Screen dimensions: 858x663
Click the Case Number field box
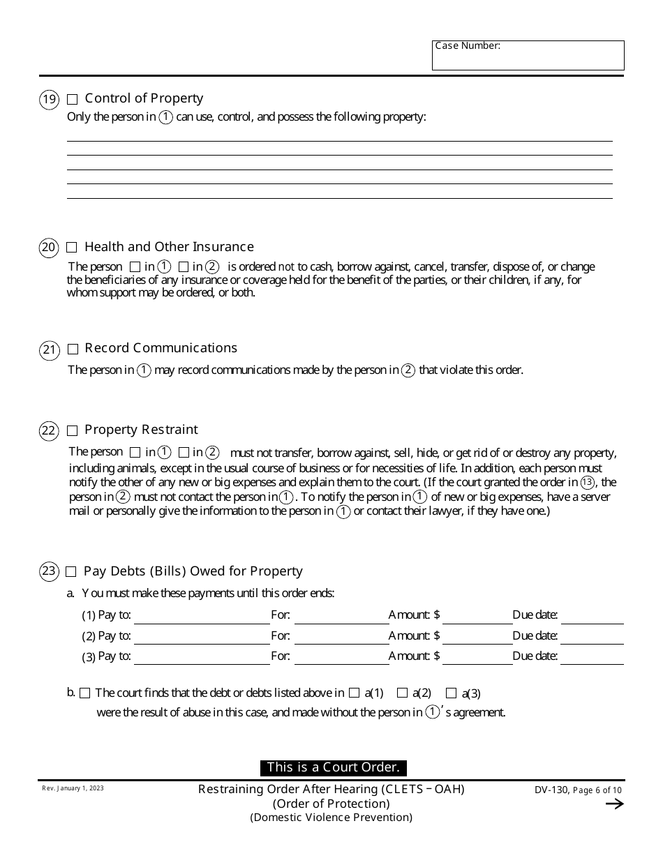528,56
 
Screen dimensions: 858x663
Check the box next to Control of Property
73,100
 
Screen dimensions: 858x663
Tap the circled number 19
49,100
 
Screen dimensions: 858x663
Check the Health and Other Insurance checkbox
72,248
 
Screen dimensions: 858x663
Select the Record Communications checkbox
73,349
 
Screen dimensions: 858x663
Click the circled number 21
49,349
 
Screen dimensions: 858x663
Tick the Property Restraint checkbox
73,430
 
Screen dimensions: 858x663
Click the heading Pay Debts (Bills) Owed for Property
193,571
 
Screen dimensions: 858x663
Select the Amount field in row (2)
477,636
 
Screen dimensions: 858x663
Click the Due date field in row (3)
592,656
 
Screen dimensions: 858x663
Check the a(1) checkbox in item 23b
354,693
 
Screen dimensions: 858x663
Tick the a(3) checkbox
451,693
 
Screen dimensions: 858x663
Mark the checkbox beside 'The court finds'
85,693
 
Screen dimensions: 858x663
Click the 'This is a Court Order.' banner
333,768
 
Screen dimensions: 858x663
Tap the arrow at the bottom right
614,804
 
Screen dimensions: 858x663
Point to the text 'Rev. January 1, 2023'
73,788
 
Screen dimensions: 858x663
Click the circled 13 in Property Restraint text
588,482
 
